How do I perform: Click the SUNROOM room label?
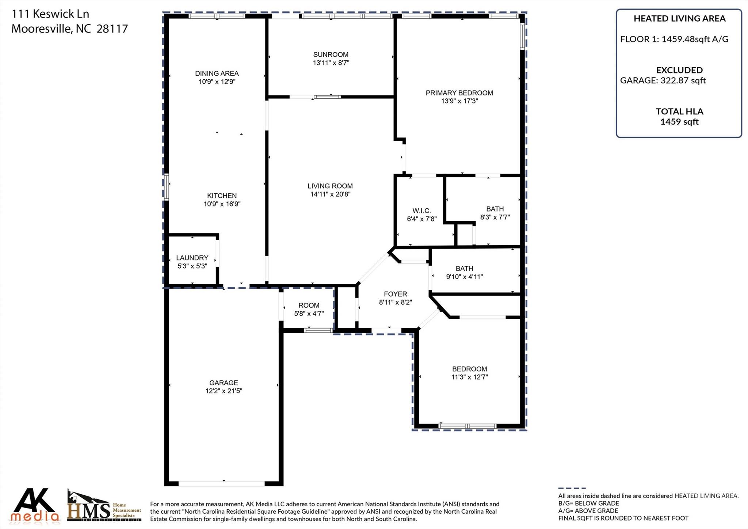coord(331,55)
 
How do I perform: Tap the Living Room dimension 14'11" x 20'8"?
coord(330,194)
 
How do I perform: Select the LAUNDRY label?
coord(192,258)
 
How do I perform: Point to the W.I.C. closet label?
coord(421,211)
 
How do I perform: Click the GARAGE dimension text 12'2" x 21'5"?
coord(224,391)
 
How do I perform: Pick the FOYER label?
coord(395,294)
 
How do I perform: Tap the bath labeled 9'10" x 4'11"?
coord(464,273)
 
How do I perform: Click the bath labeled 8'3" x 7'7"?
coord(495,213)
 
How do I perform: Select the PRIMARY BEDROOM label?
coord(459,93)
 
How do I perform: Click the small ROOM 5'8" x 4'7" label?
coord(309,309)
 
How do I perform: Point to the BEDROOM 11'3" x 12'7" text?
coord(469,373)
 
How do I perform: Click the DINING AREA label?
coord(217,73)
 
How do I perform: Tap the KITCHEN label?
coord(222,196)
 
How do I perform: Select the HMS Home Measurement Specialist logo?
coord(104,506)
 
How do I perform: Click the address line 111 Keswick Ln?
coord(50,14)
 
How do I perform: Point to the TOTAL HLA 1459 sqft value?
coord(679,117)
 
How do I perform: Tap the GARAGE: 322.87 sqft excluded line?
coord(663,80)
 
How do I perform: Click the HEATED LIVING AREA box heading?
coord(679,19)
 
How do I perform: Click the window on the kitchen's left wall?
coord(166,187)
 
